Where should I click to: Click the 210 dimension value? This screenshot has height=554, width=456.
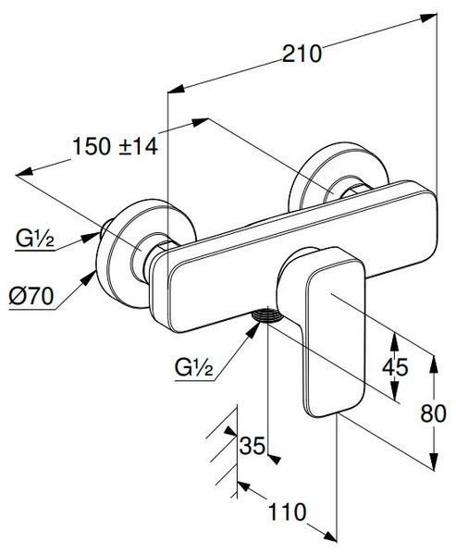[x=302, y=54]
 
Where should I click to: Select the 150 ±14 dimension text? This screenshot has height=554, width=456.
[x=115, y=146]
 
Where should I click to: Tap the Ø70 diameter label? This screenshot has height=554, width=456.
[x=31, y=296]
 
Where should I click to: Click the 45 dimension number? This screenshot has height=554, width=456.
[x=395, y=366]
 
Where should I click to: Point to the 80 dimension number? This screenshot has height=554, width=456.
[x=434, y=413]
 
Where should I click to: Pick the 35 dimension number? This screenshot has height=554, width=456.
[x=253, y=445]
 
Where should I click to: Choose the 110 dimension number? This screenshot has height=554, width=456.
[x=287, y=511]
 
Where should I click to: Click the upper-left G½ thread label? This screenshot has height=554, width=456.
[x=34, y=239]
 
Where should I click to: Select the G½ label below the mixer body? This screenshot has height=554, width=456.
[x=194, y=368]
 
